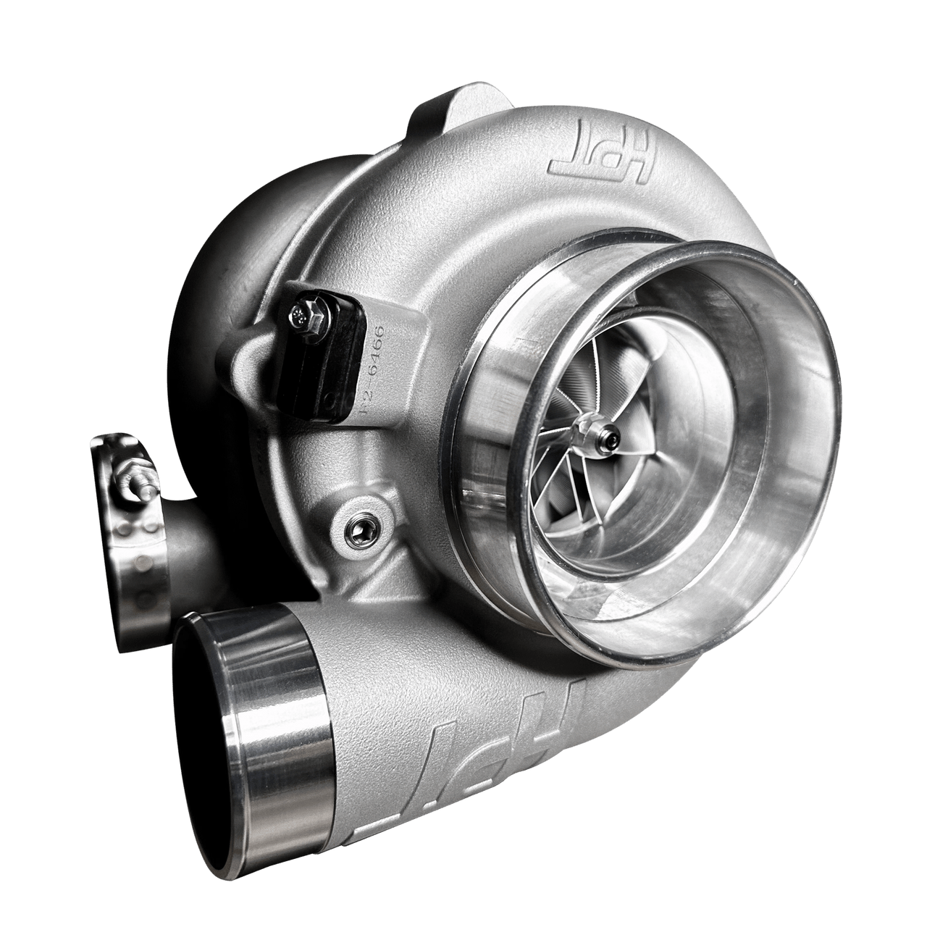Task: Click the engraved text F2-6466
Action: click(x=375, y=369)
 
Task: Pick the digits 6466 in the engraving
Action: click(x=377, y=351)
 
